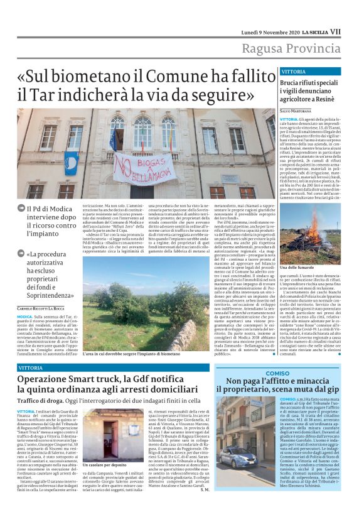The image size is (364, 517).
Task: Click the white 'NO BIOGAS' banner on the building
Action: coord(141,168)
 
